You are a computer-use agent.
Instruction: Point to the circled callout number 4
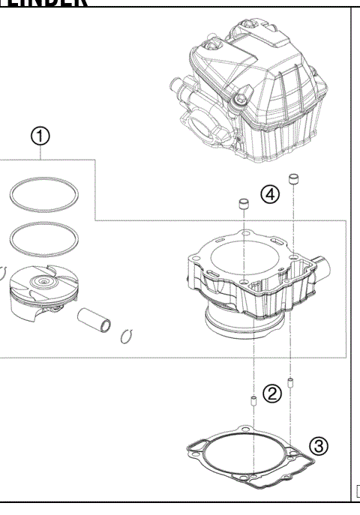tap(268, 196)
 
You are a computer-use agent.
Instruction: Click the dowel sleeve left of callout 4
tap(244, 204)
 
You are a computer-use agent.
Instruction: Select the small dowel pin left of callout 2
tap(253, 403)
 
